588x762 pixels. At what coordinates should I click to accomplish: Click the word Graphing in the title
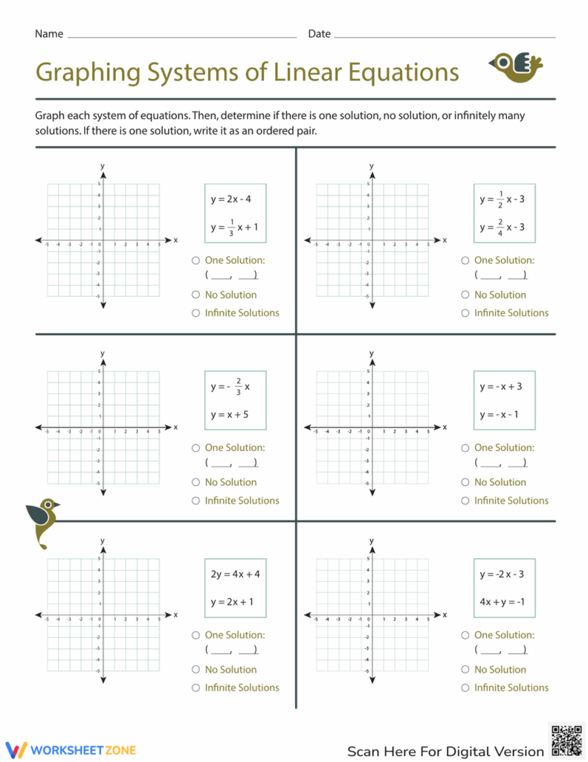point(83,72)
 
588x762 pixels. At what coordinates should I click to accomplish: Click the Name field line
point(181,35)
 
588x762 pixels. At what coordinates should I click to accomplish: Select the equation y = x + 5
point(229,414)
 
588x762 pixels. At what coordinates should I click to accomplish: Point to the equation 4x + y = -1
point(503,602)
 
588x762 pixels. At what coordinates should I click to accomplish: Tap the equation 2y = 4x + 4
point(235,574)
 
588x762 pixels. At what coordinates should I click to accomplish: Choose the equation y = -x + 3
point(500,387)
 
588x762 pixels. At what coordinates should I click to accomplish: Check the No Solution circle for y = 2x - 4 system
point(196,295)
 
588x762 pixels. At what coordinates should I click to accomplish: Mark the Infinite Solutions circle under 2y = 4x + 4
point(196,688)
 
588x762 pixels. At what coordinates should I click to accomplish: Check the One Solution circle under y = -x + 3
point(465,448)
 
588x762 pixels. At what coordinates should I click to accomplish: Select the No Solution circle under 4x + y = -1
point(465,670)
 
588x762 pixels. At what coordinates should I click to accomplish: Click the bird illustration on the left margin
point(42,522)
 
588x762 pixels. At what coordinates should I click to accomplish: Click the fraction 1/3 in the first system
point(232,227)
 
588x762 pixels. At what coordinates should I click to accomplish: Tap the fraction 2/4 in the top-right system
point(500,227)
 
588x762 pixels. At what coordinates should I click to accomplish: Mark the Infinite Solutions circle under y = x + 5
point(196,501)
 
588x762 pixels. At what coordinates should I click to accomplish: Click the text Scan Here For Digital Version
point(445,751)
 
